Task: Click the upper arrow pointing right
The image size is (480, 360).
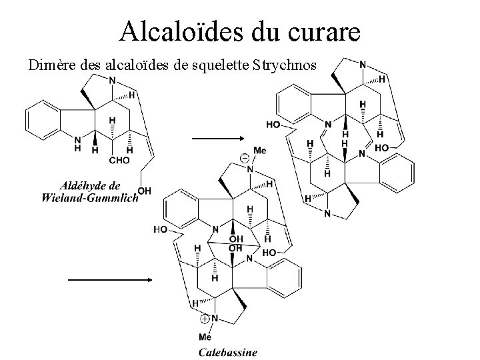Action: pos(218,139)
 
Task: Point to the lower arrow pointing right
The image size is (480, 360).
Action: pos(111,280)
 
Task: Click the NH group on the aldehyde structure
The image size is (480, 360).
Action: pos(79,143)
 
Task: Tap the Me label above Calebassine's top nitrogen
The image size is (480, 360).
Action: pos(260,151)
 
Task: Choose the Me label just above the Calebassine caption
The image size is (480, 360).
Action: pos(205,337)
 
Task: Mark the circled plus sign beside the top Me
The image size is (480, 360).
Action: pos(245,158)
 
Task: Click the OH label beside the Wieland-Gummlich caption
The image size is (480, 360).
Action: pos(145,191)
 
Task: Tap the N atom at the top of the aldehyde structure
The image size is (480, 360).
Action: pos(112,80)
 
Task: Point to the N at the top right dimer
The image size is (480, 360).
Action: pos(362,65)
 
